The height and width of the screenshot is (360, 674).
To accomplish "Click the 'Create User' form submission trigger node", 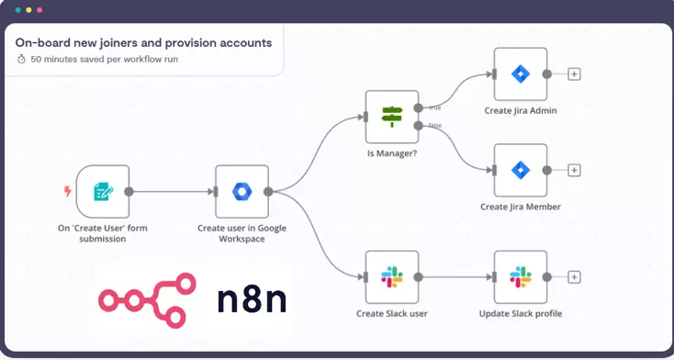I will click(103, 192).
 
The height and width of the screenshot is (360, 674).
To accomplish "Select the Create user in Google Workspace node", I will click(242, 192).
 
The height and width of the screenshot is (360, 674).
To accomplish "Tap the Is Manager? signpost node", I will click(392, 117).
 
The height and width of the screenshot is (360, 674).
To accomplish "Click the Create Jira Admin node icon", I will click(521, 74).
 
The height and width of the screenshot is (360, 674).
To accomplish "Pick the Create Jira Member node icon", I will click(521, 170).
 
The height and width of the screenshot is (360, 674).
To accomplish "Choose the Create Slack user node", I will click(392, 276).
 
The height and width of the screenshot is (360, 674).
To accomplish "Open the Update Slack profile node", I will click(521, 276).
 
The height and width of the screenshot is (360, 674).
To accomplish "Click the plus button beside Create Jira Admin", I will click(574, 74).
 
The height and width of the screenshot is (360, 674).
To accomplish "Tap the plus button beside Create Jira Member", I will click(574, 170).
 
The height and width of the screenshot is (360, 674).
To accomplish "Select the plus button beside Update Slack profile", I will click(574, 276).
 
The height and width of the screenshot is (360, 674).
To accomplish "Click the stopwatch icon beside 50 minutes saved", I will click(21, 59).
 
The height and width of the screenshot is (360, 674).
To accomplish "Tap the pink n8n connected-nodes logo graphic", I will click(146, 298).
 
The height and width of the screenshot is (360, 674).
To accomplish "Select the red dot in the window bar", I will click(39, 10).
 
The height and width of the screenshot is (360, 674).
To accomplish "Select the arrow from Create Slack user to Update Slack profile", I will click(455, 276).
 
